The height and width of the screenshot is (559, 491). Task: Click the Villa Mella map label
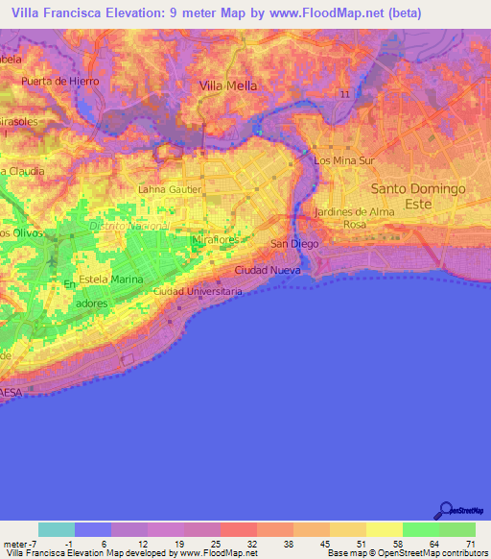tap(229, 85)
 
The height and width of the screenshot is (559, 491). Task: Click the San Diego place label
tap(293, 244)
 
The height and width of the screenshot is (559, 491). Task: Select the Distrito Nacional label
tap(129, 225)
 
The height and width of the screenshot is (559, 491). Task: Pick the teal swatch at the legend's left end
tap(57, 529)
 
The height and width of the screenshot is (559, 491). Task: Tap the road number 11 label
tap(344, 93)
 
